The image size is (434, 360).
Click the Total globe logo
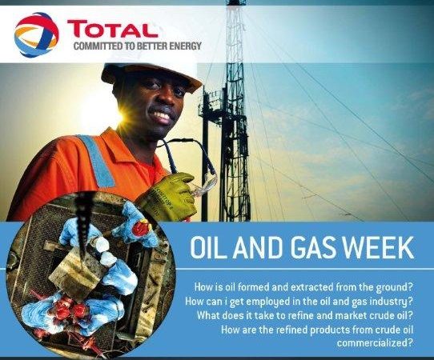point(37,34)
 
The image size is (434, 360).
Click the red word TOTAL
point(112,29)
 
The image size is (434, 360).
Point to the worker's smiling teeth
point(163,115)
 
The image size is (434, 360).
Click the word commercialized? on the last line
point(376,343)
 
